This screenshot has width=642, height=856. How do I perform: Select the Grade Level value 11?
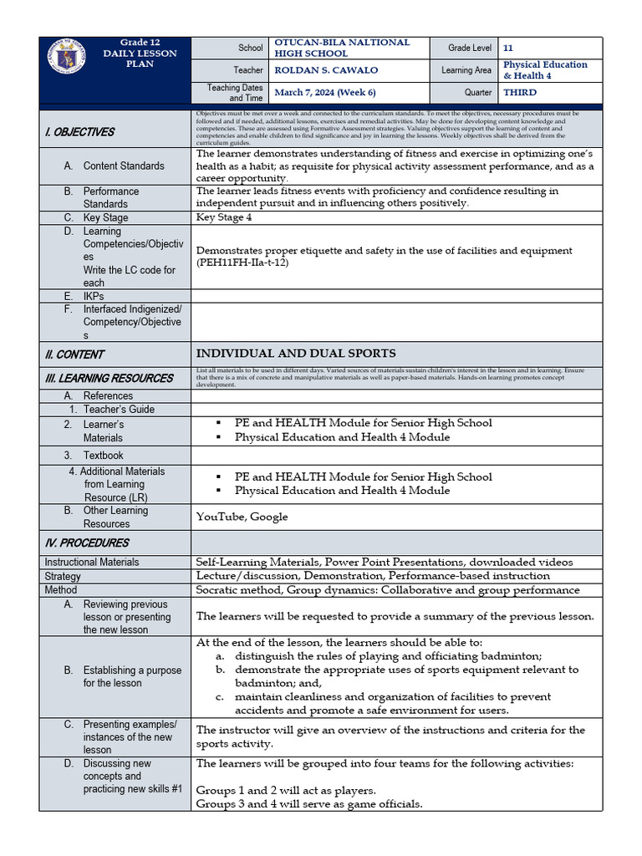tap(508, 48)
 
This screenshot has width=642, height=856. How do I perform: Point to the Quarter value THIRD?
tap(520, 93)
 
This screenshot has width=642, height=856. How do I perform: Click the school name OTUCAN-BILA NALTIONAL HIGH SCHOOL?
tap(343, 48)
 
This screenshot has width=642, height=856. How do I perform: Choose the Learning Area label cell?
tap(466, 71)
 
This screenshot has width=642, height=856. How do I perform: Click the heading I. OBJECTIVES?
tap(79, 132)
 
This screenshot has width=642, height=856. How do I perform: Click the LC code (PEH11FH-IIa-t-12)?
tap(242, 262)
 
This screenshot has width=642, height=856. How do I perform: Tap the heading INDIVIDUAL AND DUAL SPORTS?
tap(296, 354)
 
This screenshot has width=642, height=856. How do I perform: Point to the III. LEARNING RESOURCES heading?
tap(109, 378)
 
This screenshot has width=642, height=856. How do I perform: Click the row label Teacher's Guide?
tap(118, 410)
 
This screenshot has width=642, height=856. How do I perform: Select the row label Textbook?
tap(103, 456)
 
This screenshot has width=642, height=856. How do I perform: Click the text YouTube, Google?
tap(242, 517)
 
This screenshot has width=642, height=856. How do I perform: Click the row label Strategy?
tap(63, 576)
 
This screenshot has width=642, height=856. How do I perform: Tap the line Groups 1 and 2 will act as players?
tap(285, 791)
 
